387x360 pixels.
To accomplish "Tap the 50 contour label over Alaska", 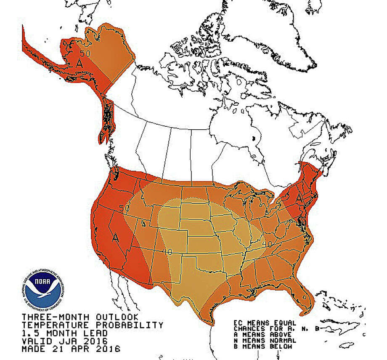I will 85,54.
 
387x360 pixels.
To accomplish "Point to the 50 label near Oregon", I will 124,208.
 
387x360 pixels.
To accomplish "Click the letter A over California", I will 115,237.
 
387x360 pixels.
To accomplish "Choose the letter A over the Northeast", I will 299,197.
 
